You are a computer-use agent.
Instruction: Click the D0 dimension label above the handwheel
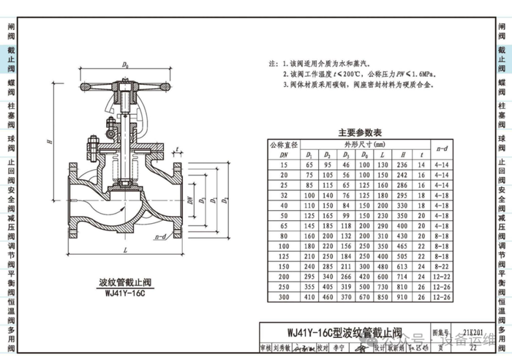coord(125,66)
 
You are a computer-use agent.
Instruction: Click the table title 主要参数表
coord(380,133)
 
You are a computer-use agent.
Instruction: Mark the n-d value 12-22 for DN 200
coord(442,278)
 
